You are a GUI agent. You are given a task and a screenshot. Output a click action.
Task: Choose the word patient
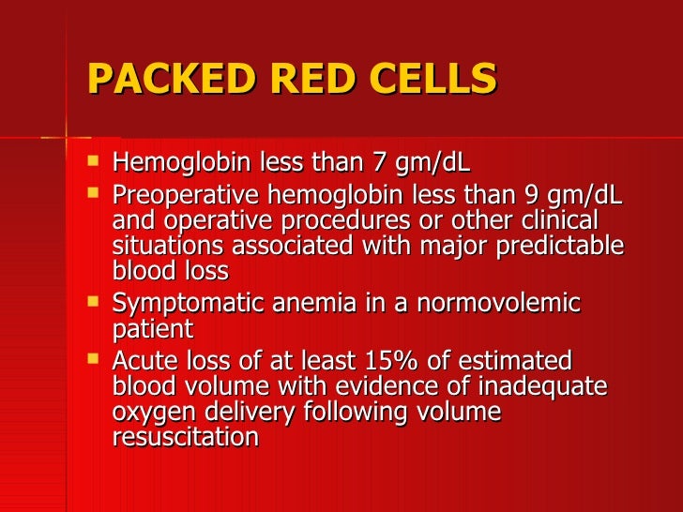pyautogui.click(x=152, y=329)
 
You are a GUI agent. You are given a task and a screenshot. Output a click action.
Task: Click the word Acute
pyautogui.click(x=142, y=361)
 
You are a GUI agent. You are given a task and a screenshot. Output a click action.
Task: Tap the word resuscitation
pyautogui.click(x=185, y=436)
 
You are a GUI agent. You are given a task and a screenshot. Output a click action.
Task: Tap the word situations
pyautogui.click(x=165, y=246)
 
